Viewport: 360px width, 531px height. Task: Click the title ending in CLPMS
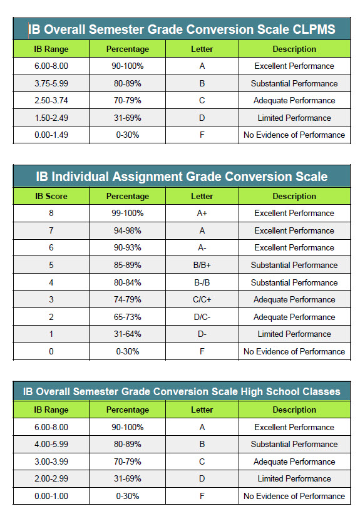pyautogui.click(x=182, y=29)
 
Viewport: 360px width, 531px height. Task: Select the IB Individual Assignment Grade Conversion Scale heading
pyautogui.click(x=182, y=177)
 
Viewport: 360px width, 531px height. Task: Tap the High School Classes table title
pyautogui.click(x=182, y=391)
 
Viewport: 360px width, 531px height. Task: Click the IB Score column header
pyautogui.click(x=51, y=196)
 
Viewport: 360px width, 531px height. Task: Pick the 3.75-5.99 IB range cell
pyautogui.click(x=51, y=83)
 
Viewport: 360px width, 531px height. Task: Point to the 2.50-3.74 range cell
pyautogui.click(x=51, y=100)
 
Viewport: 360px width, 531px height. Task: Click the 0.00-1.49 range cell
pyautogui.click(x=51, y=135)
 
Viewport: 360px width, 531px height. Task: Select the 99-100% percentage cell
pyautogui.click(x=128, y=213)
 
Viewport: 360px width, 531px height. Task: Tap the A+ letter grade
pyautogui.click(x=202, y=213)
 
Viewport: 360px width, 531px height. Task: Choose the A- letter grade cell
pyautogui.click(x=202, y=247)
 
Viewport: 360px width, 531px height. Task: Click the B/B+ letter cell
pyautogui.click(x=202, y=265)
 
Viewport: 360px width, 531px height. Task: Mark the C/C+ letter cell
pyautogui.click(x=202, y=299)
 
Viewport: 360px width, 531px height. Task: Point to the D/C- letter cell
pyautogui.click(x=202, y=317)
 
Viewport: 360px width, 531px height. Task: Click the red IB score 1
pyautogui.click(x=51, y=334)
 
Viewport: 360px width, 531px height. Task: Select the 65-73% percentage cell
pyautogui.click(x=128, y=317)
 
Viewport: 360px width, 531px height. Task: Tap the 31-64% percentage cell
pyautogui.click(x=128, y=334)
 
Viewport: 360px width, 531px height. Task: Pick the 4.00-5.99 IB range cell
pyautogui.click(x=51, y=444)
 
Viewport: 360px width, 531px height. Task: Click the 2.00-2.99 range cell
pyautogui.click(x=51, y=478)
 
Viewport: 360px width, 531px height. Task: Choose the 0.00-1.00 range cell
pyautogui.click(x=51, y=496)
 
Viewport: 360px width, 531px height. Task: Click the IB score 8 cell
pyautogui.click(x=51, y=213)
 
